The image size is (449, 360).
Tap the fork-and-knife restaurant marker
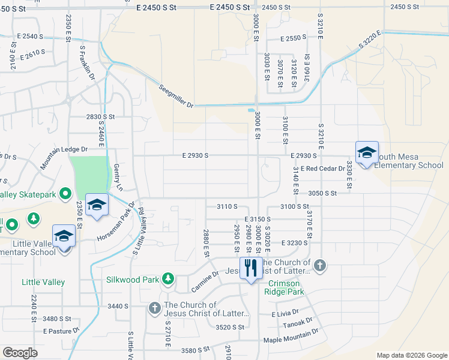250,268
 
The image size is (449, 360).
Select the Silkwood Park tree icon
169,279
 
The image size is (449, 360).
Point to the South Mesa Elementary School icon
366,152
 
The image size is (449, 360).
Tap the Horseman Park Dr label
118,223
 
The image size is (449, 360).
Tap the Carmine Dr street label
205,280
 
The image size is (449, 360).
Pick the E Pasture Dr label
61,331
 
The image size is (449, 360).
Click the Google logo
20,353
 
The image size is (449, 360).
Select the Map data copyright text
411,355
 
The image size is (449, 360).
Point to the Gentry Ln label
117,177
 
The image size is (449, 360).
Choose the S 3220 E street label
370,40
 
